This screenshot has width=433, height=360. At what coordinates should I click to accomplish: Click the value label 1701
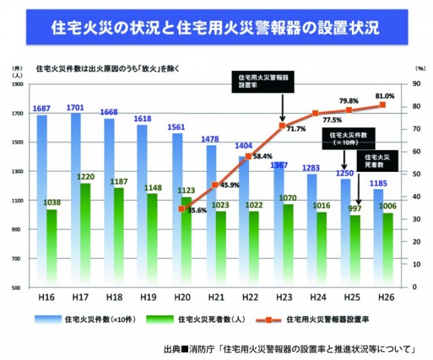(x=76, y=108)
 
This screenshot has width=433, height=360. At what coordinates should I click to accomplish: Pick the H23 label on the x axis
(x=281, y=297)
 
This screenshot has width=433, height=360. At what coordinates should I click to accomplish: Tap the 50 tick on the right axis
(x=415, y=175)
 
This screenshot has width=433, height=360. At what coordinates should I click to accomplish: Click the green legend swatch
(x=151, y=317)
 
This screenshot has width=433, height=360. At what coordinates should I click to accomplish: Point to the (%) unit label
(x=419, y=69)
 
